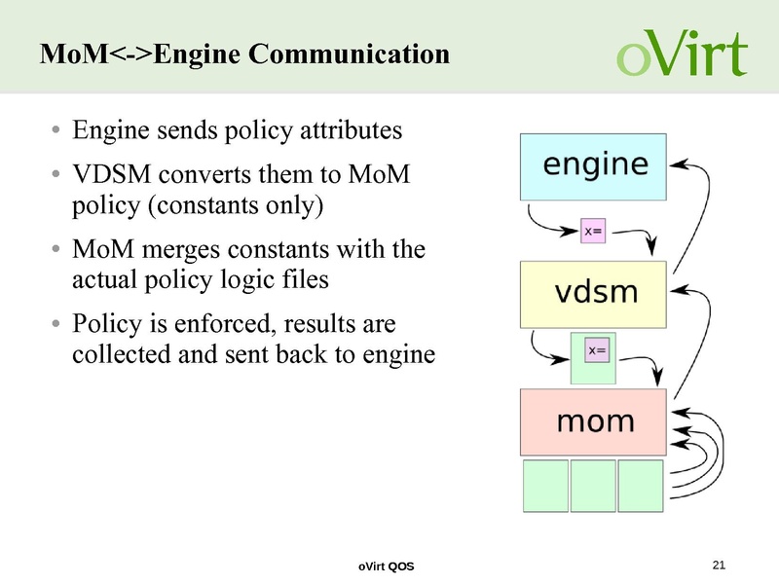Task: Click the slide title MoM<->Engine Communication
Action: coord(244,55)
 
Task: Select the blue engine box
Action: coord(594,165)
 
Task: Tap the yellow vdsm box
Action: coord(594,294)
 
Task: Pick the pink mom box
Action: coord(594,422)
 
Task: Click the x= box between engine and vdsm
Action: coord(594,232)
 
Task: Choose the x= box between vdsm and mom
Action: coord(596,349)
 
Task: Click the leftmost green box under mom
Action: coord(545,486)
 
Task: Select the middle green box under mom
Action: coord(593,486)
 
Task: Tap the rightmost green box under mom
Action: coord(640,486)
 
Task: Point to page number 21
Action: coord(720,566)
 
